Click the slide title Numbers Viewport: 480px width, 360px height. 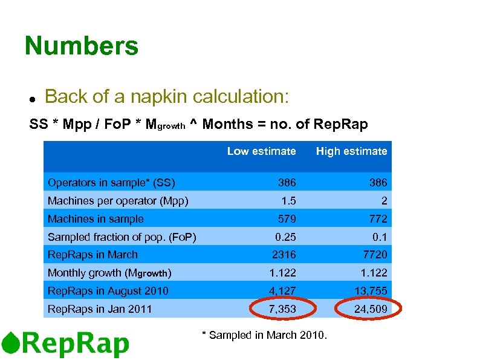[82, 46]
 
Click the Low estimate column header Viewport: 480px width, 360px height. [261, 151]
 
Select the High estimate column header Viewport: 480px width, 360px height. [351, 151]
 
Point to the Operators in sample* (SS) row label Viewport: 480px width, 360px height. [111, 182]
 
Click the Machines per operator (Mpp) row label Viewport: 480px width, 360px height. [118, 200]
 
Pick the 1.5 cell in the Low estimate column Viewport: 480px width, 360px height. [287, 200]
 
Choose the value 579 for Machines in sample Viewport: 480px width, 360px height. [287, 218]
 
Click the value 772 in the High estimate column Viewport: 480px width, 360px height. [378, 218]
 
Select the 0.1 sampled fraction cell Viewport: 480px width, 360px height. [379, 237]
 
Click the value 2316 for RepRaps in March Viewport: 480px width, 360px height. [284, 255]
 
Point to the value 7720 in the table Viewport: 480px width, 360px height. [375, 255]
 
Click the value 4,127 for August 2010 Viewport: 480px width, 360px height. [282, 291]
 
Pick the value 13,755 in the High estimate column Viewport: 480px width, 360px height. [371, 291]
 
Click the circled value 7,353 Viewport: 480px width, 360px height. [282, 309]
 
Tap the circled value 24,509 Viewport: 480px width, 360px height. [371, 309]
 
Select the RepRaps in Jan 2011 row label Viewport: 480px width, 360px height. [100, 309]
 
